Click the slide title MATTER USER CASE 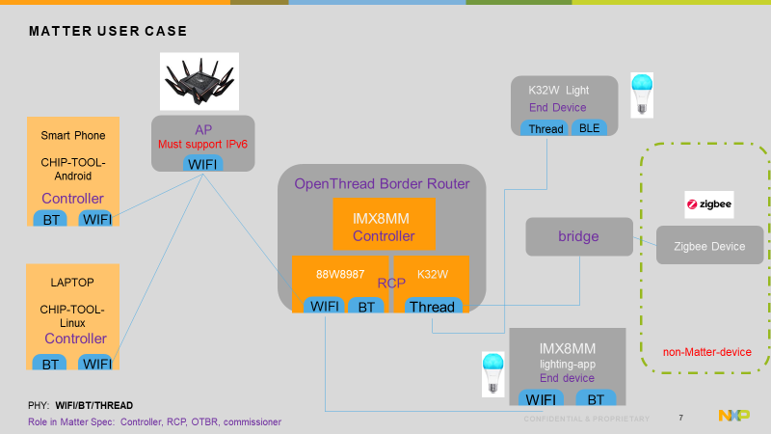107,32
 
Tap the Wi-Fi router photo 199,80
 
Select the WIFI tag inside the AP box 202,165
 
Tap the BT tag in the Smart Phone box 52,220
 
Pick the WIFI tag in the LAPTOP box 96,364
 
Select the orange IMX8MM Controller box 383,225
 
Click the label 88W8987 341,273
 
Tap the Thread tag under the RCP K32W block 431,307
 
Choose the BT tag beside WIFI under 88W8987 365,307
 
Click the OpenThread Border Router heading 382,183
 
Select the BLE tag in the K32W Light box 588,128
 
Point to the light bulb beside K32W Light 641,95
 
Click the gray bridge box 578,236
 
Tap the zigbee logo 708,204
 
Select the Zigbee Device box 709,246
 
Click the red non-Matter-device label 706,352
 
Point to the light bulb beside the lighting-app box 493,374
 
